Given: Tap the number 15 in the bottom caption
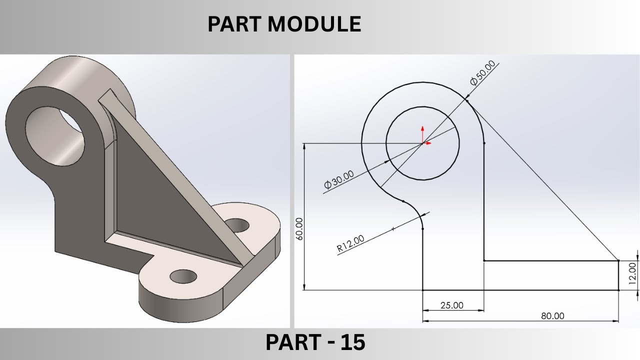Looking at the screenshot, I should (353, 343).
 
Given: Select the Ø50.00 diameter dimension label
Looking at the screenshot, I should (482, 72).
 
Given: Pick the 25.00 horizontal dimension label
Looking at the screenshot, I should (451, 305).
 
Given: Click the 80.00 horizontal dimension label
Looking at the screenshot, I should (552, 316).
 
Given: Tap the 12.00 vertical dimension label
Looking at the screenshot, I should (632, 274).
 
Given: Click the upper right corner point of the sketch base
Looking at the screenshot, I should (618, 260).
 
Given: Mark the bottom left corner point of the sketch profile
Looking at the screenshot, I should (423, 290).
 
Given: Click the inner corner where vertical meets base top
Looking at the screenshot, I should (484, 260).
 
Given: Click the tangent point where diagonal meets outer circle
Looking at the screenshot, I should (466, 100).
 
